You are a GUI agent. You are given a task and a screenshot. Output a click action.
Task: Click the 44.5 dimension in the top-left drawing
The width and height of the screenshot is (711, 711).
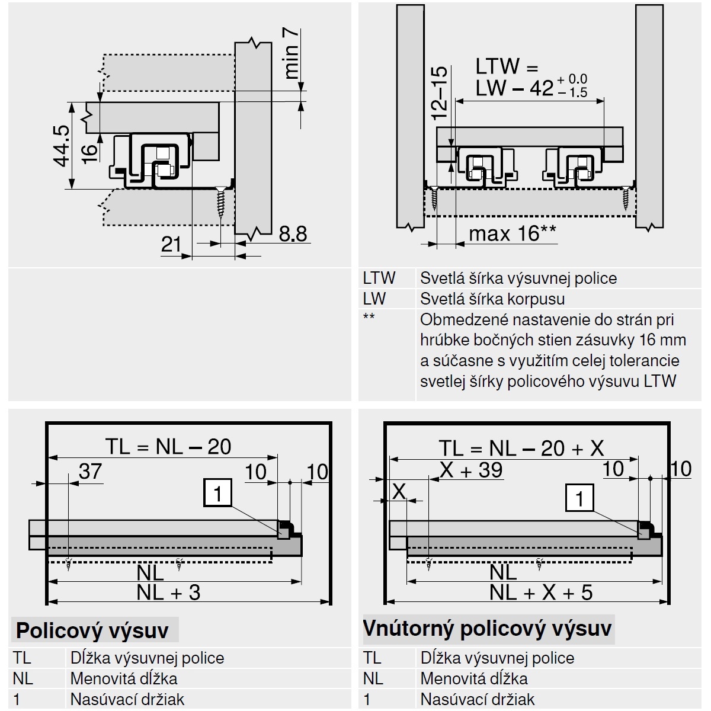(x=62, y=146)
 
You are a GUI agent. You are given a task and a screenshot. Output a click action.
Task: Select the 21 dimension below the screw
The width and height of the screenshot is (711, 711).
(x=172, y=244)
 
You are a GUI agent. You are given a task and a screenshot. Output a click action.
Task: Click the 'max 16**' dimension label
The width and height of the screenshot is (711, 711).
(x=513, y=233)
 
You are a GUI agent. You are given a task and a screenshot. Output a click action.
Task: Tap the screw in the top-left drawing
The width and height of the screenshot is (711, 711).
(x=221, y=204)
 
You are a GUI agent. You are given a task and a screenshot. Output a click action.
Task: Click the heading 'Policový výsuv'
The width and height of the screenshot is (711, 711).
(x=92, y=630)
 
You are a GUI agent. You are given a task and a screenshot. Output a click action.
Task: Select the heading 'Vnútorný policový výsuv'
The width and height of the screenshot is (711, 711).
(x=487, y=628)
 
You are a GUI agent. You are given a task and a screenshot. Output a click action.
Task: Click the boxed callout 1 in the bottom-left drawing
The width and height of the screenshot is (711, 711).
(x=217, y=493)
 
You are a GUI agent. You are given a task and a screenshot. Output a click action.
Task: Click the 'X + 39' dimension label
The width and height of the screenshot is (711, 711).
(x=472, y=470)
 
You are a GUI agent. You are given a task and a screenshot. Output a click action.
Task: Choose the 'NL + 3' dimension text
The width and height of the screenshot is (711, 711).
(x=168, y=592)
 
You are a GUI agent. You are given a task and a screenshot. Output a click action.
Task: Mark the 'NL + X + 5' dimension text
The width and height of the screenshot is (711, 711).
(x=541, y=592)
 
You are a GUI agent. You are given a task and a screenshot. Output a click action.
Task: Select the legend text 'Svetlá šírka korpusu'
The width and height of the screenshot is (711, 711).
(x=492, y=299)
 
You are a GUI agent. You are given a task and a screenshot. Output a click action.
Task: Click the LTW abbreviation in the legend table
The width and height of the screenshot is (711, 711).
(x=379, y=278)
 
